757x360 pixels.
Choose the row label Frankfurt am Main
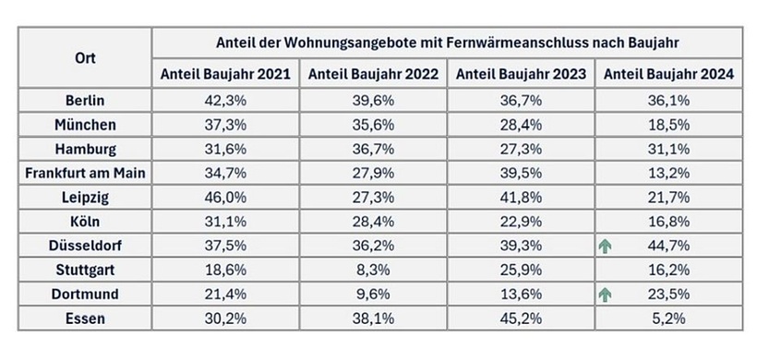(x=84, y=173)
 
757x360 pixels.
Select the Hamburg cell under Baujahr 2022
(x=372, y=149)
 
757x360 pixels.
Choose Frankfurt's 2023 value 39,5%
(x=521, y=173)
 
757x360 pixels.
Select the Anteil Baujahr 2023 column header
(x=522, y=75)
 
